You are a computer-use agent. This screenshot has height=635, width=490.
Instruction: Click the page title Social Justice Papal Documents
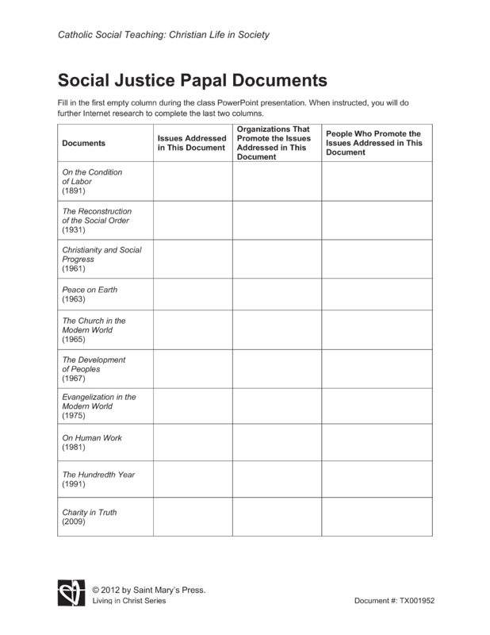[192, 81]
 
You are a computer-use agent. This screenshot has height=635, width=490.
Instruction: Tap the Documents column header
[83, 143]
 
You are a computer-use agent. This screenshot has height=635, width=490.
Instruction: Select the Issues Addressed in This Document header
[192, 143]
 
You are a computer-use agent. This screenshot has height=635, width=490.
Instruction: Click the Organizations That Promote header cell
[273, 143]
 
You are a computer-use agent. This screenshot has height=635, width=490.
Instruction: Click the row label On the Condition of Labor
[92, 182]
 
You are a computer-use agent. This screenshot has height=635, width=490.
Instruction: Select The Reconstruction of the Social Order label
[97, 221]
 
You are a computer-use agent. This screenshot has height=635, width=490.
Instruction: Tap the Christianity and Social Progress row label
[101, 260]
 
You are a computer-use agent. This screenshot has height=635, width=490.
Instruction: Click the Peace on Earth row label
[89, 294]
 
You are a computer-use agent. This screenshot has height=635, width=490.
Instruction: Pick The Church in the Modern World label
[94, 330]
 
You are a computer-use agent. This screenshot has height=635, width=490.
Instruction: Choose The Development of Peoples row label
[94, 369]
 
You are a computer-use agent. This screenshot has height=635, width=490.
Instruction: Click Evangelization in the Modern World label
[98, 406]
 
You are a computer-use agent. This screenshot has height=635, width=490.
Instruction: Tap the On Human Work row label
[92, 442]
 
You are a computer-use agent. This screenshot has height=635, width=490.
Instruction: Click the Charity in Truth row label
[89, 518]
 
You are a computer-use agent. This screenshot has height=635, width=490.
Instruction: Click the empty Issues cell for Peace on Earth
[193, 294]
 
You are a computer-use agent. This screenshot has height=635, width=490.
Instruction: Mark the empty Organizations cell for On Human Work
[277, 442]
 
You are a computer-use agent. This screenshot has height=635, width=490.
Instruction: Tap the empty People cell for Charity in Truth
[377, 517]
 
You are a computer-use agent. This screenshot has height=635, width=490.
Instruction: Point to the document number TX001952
[394, 601]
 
